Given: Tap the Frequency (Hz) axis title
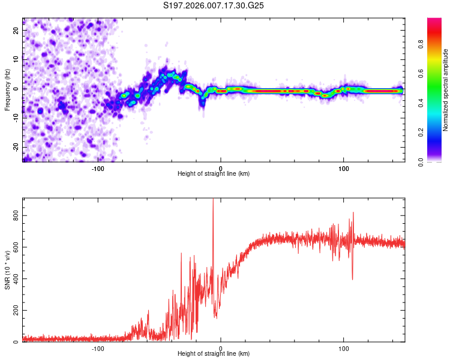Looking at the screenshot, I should coord(7,89).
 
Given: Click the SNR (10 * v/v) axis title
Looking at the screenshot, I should coord(7,270).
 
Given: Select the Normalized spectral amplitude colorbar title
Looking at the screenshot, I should coord(446,90).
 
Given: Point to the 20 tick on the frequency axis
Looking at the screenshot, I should coord(16,30).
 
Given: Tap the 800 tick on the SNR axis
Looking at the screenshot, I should coord(15,215).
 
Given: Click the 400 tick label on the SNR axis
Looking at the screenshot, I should coord(15,278).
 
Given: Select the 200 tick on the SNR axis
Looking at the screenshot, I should coord(15,310).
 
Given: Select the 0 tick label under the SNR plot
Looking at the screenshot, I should coord(221,348).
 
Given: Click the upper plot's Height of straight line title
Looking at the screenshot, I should coord(214,173).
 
